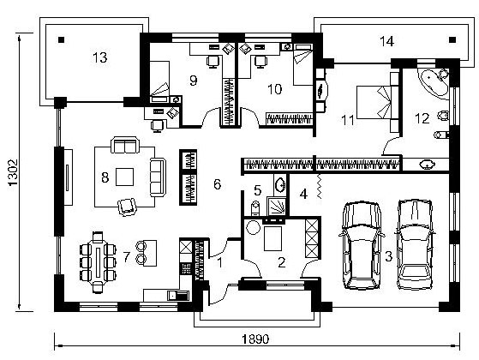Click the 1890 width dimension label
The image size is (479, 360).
point(255,339)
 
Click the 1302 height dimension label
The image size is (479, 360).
point(14,172)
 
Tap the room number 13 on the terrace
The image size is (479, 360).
point(100,57)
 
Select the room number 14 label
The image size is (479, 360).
point(386,41)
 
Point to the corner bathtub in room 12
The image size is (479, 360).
point(434,83)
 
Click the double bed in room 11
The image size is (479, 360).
point(378,102)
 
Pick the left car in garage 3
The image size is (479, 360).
point(361,245)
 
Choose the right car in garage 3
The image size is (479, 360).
point(415,244)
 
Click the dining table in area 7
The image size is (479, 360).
point(98,262)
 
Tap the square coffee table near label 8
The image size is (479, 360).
point(124,177)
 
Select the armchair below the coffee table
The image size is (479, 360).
point(127,207)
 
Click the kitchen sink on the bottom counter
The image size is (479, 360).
point(178,295)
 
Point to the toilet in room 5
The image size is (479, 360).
point(254,208)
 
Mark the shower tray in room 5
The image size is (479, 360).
point(277,206)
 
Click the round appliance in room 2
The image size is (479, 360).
point(254,227)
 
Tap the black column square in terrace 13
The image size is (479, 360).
point(62,39)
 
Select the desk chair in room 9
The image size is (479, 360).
point(213,61)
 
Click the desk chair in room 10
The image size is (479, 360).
point(260,61)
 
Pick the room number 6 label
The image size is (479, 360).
point(217,184)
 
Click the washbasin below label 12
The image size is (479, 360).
point(427,165)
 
